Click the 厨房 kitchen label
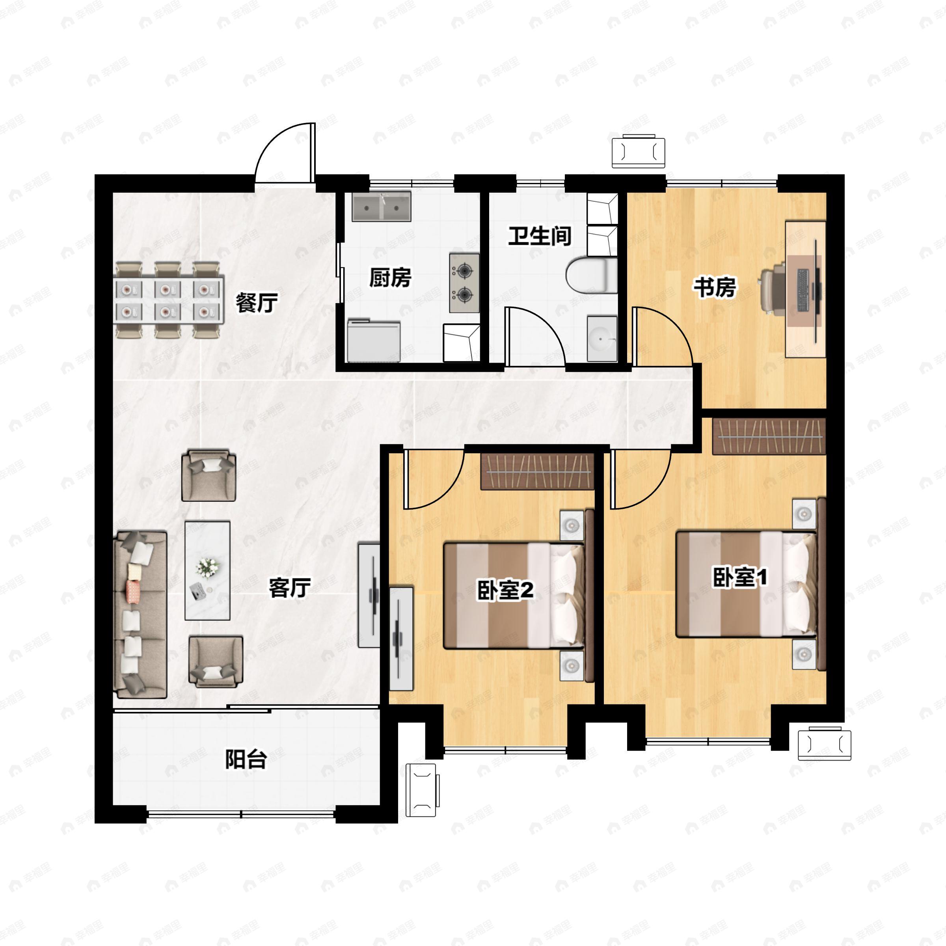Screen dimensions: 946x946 pyautogui.click(x=390, y=279)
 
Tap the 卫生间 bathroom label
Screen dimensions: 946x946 pyautogui.click(x=540, y=236)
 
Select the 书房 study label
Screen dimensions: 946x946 pyautogui.click(x=714, y=287)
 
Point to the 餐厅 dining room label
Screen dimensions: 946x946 pyautogui.click(x=257, y=303)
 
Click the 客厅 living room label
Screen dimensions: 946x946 pyautogui.click(x=290, y=588)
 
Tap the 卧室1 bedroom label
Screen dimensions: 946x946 pyautogui.click(x=739, y=578)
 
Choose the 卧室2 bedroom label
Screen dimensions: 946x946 pyautogui.click(x=505, y=590)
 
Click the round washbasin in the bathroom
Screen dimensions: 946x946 pyautogui.click(x=602, y=338)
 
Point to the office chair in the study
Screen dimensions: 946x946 pyautogui.click(x=773, y=287)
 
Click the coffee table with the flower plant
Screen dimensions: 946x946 pyautogui.click(x=207, y=570)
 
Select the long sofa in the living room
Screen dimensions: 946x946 pyautogui.click(x=141, y=615)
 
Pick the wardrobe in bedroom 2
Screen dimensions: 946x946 pyautogui.click(x=537, y=471)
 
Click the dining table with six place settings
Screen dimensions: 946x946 pyautogui.click(x=169, y=300)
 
